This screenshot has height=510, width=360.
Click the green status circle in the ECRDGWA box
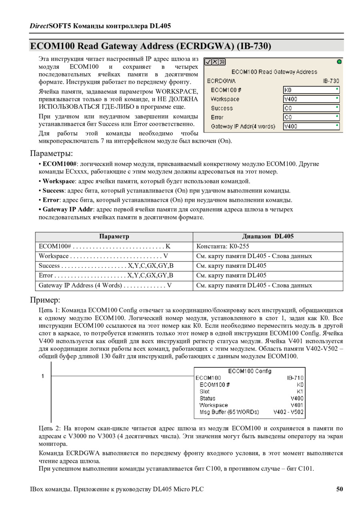339,62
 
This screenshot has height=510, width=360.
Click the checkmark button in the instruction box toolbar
208,62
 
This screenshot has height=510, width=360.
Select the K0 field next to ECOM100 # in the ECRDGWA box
311,90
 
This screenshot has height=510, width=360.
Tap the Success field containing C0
311,108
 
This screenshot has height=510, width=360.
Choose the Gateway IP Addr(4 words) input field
311,126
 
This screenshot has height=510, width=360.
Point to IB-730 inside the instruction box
331,81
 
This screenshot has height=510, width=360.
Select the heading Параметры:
52,153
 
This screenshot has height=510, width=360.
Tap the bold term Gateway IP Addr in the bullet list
68,209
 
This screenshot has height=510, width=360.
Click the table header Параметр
114,237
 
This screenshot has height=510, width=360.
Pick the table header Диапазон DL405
268,237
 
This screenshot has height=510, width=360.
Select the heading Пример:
45,300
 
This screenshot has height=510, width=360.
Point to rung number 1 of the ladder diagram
43,376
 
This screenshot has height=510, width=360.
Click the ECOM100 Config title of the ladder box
250,371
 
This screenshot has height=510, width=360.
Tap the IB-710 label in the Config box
295,378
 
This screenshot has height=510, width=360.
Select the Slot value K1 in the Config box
300,392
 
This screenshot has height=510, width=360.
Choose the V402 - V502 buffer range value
288,412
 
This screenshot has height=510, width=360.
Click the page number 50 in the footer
339,489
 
